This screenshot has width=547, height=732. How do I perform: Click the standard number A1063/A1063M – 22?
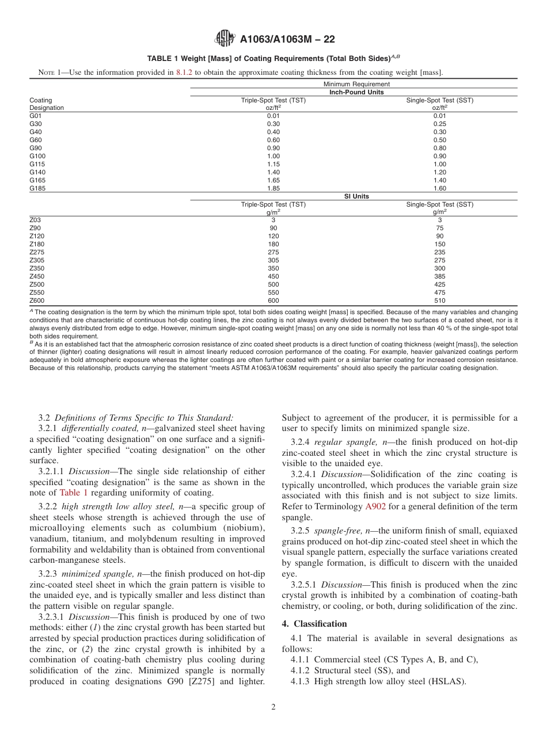point(287,39)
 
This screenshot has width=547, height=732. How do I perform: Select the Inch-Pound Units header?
point(356,92)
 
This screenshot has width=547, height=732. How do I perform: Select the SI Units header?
point(356,196)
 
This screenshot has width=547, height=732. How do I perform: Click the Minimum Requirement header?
point(356,84)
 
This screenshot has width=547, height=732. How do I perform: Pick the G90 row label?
point(36,148)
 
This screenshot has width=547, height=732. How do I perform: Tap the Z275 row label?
point(36,252)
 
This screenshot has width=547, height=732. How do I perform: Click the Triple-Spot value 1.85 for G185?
point(273,188)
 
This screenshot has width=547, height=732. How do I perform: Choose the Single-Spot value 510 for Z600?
point(440,300)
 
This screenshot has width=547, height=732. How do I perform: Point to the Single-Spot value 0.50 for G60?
point(440,140)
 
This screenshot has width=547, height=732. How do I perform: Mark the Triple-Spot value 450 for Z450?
point(273,276)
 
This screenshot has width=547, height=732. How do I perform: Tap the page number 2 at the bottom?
point(273,707)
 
